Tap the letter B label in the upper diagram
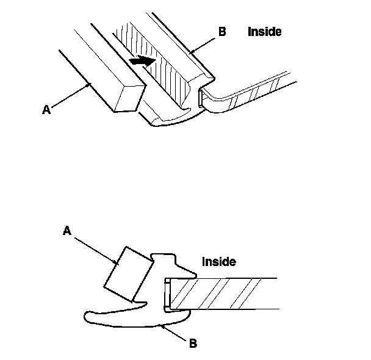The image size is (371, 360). point(222,31)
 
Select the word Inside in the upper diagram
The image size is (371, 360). point(265,32)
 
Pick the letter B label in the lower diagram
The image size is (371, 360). point(193,344)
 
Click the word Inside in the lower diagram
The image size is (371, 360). point(218,262)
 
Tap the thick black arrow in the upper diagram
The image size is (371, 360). point(143,61)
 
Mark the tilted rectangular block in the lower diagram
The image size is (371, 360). point(128,275)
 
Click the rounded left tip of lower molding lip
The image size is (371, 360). point(88,315)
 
